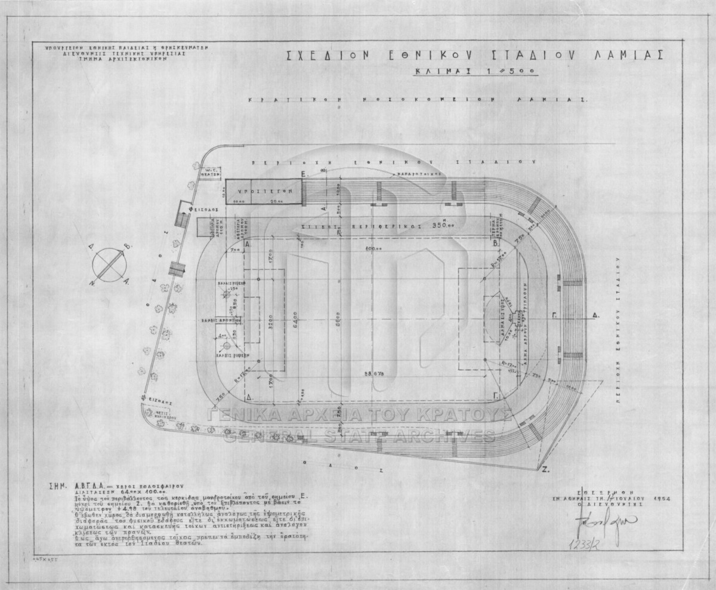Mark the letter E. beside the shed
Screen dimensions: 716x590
click(x=304, y=173)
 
